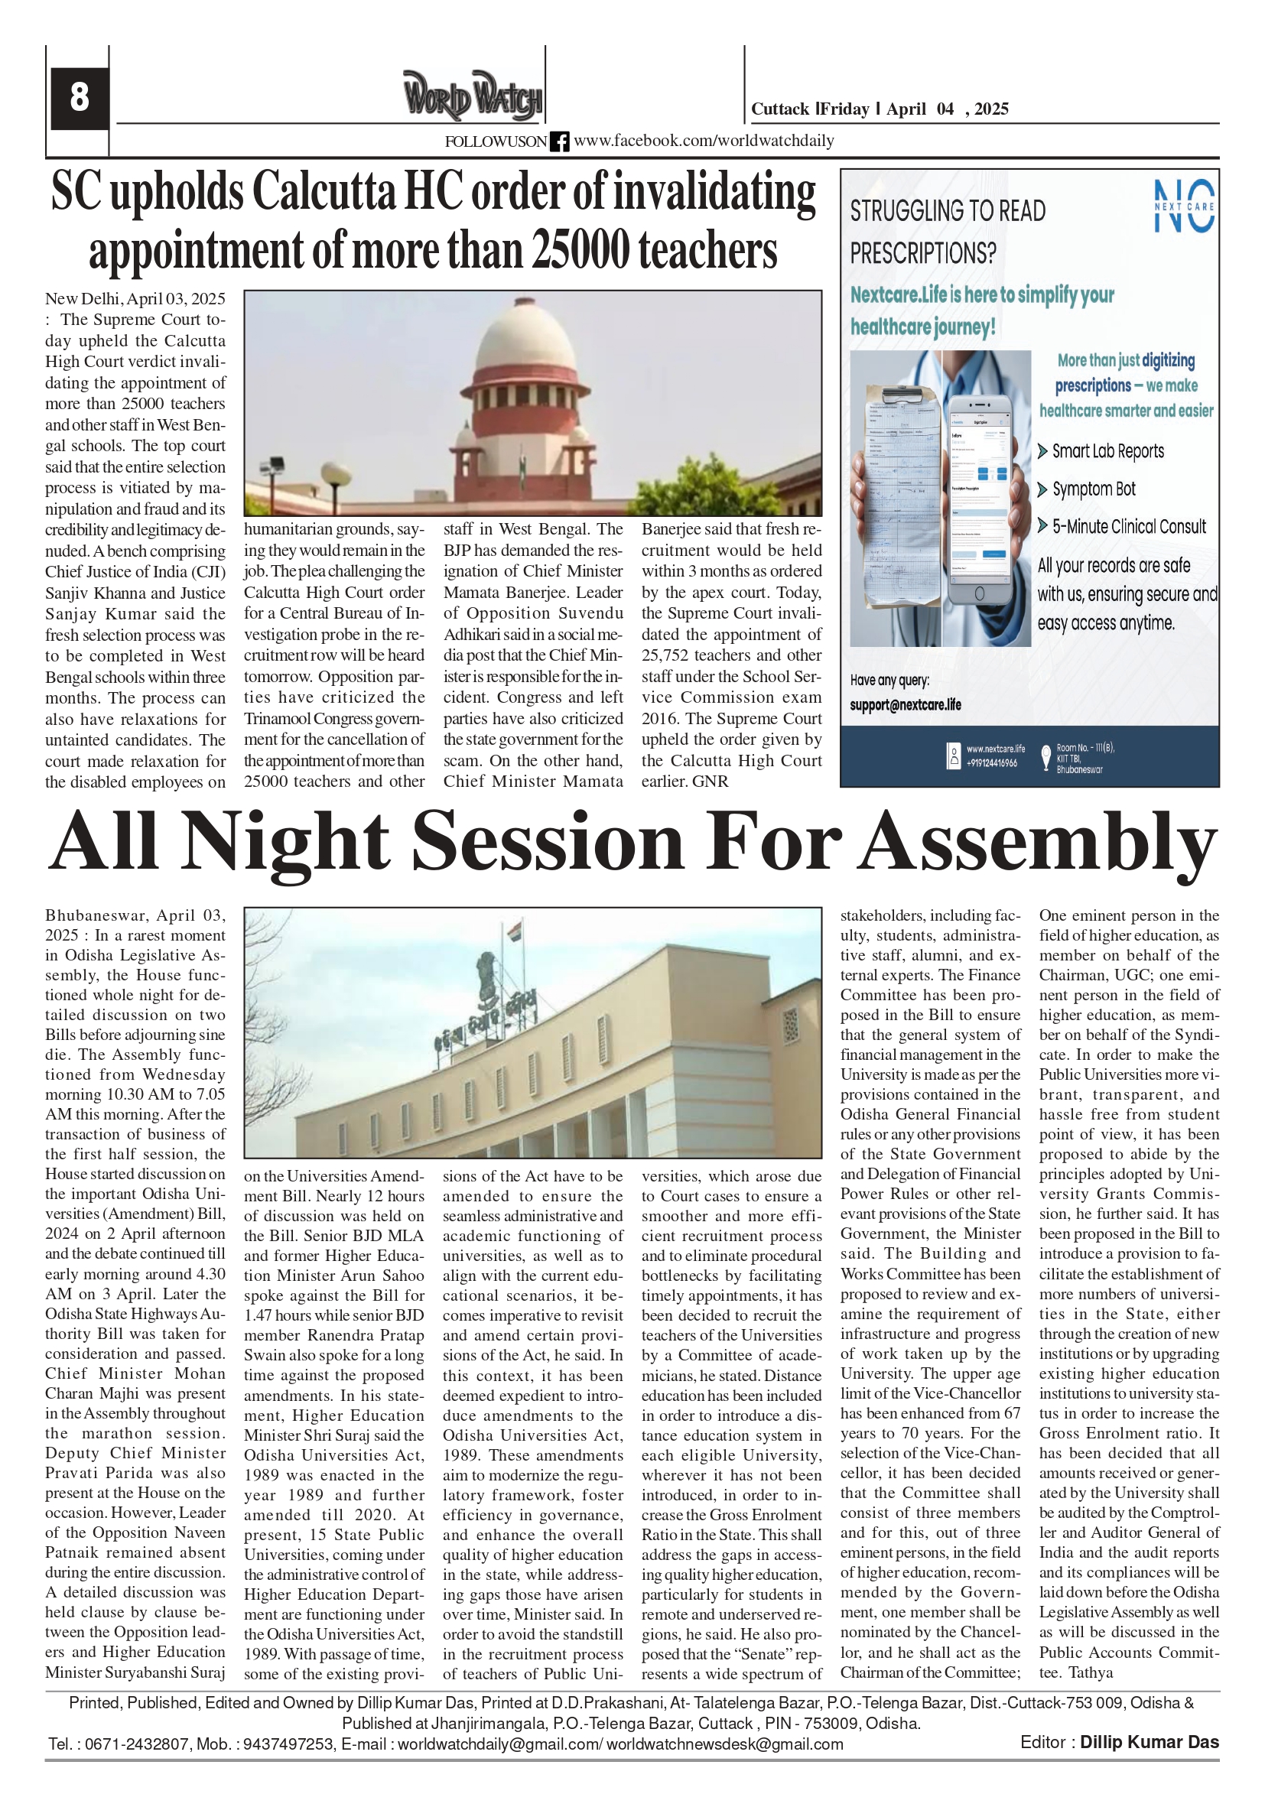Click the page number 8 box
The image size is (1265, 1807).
80,98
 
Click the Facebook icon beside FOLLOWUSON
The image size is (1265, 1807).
560,141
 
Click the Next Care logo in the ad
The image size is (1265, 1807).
1183,206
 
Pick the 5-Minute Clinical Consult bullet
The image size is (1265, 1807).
1128,527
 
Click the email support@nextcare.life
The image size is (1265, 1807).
906,705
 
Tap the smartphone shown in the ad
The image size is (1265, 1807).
978,498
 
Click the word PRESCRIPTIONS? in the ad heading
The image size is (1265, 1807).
922,253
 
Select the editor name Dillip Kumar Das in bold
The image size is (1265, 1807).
1149,1742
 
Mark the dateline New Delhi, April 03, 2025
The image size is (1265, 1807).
135,299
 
